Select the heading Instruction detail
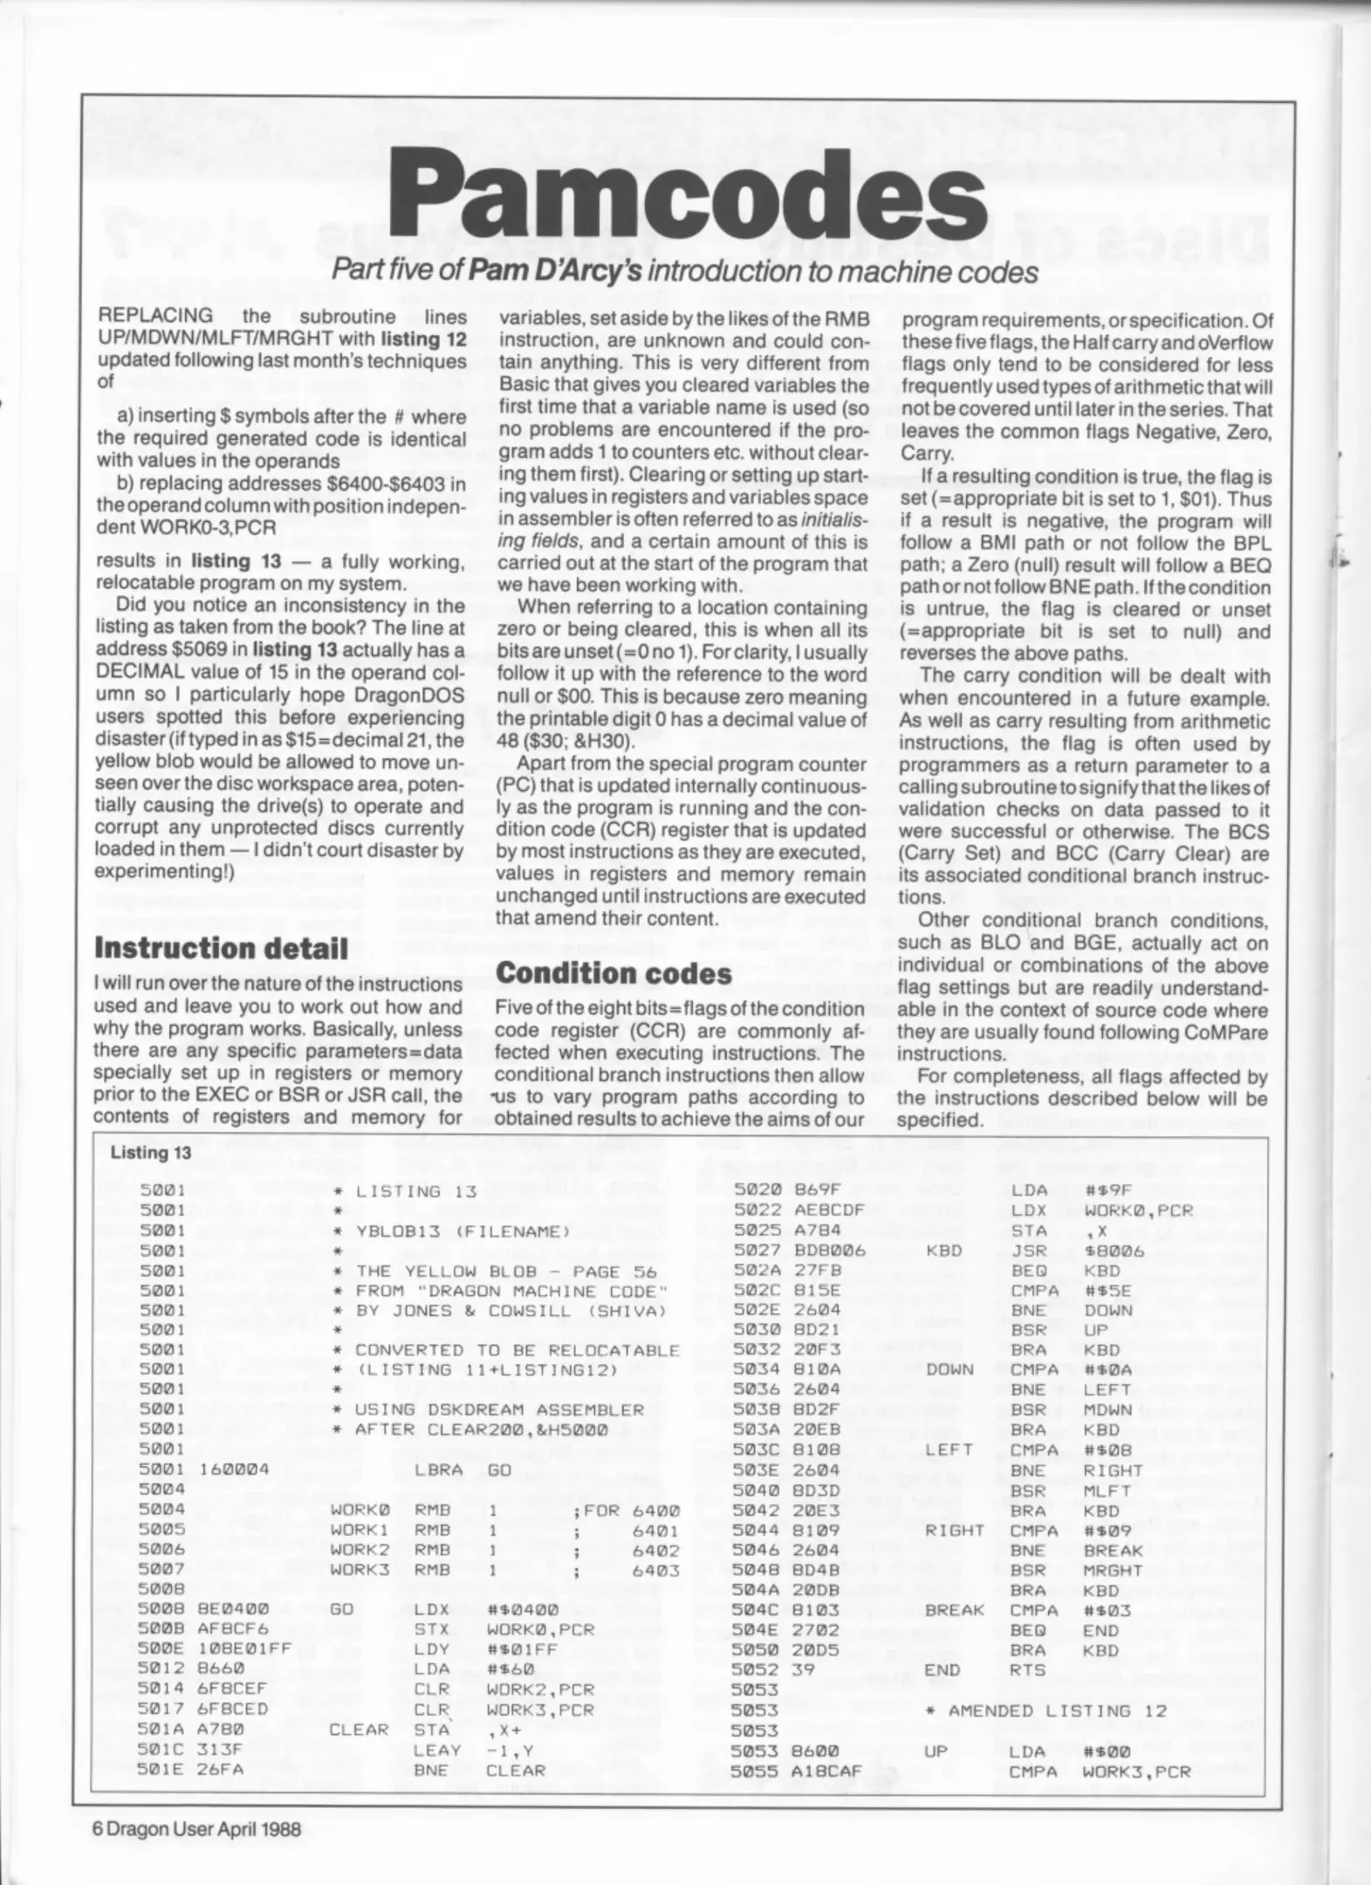pyautogui.click(x=221, y=948)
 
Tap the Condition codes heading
pyautogui.click(x=614, y=972)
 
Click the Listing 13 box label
pyautogui.click(x=150, y=1152)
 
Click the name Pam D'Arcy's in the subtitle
pyautogui.click(x=555, y=271)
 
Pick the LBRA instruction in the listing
pyautogui.click(x=438, y=1469)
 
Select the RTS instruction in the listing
pyautogui.click(x=1027, y=1669)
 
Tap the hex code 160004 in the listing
pyautogui.click(x=234, y=1469)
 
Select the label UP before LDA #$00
pyautogui.click(x=935, y=1750)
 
